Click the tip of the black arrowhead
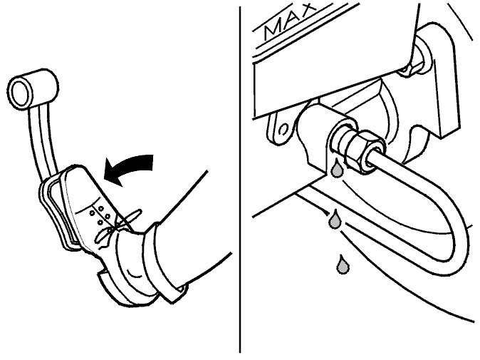pyautogui.click(x=104, y=178)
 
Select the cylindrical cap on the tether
pyautogui.click(x=33, y=89)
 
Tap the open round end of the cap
pyautogui.click(x=21, y=93)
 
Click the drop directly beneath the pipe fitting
pyautogui.click(x=337, y=168)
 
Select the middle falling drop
pyautogui.click(x=334, y=219)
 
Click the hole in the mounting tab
pyautogui.click(x=284, y=129)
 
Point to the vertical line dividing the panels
pyautogui.click(x=240, y=180)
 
